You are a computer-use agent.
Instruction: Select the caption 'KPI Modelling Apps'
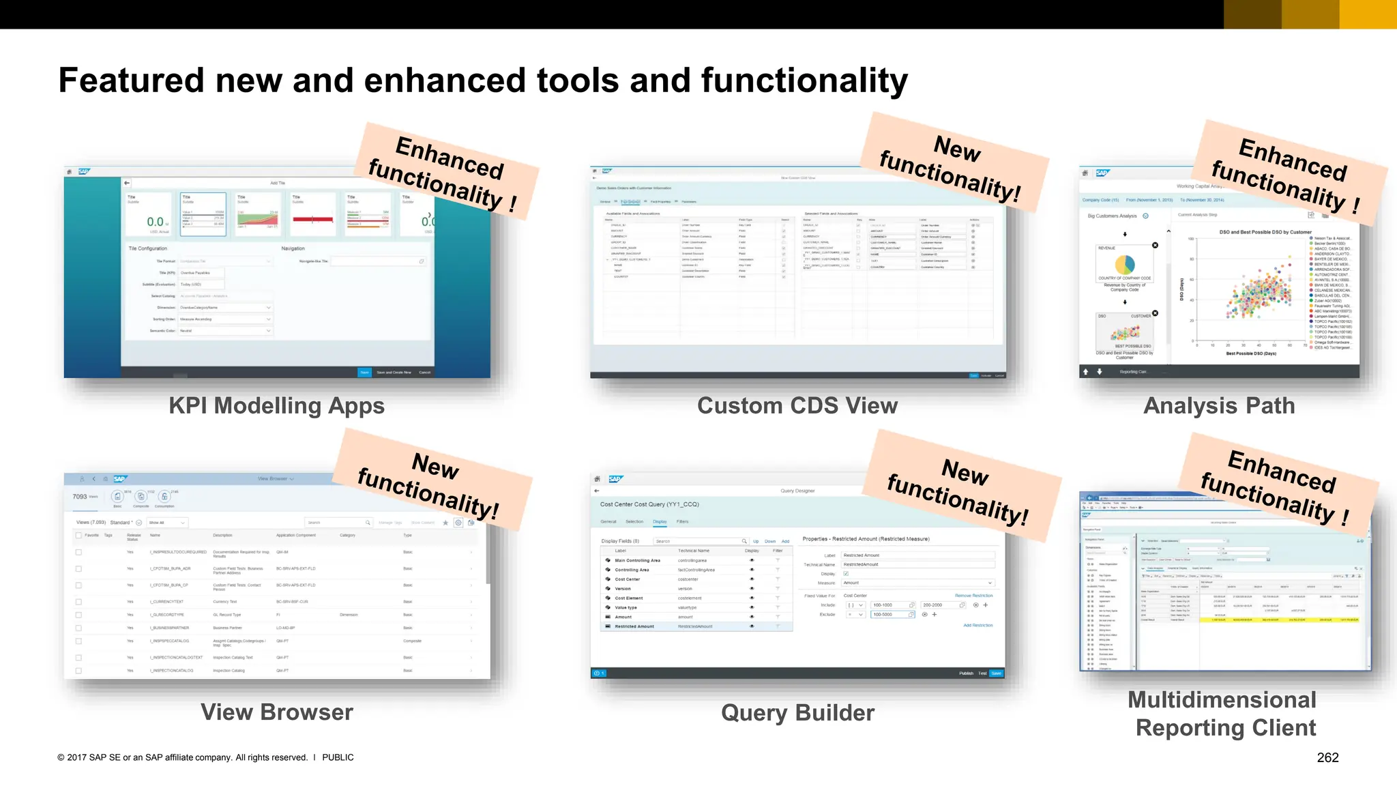[x=276, y=406]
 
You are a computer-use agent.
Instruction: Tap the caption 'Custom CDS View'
[x=797, y=406]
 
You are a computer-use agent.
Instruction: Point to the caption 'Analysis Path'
[x=1219, y=406]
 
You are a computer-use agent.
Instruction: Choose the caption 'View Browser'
[x=276, y=712]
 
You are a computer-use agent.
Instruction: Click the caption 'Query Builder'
[x=797, y=713]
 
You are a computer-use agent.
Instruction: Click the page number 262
[x=1327, y=757]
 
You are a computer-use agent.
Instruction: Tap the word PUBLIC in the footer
[x=338, y=757]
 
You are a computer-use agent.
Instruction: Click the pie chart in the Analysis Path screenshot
[x=1124, y=264]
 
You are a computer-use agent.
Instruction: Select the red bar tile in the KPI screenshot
[x=312, y=219]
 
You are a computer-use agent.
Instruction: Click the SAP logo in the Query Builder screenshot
[x=615, y=479]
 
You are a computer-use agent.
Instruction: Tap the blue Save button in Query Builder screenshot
[x=996, y=673]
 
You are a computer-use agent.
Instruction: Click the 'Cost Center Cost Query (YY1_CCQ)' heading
[x=649, y=505]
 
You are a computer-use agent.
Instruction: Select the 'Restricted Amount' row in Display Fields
[x=634, y=626]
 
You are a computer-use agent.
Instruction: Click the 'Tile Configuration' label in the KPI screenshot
[x=148, y=248]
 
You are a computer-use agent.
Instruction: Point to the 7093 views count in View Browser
[x=80, y=497]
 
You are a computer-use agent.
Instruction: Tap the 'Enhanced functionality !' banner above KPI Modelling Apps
[x=447, y=171]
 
